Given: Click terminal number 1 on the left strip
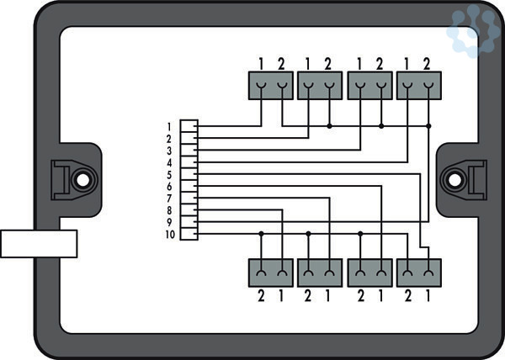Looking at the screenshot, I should [x=169, y=126].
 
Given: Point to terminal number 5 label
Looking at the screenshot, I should [x=169, y=174].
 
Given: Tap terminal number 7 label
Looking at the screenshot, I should [x=169, y=198].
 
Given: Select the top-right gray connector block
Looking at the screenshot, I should [x=419, y=86].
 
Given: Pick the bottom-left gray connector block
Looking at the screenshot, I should [x=270, y=273].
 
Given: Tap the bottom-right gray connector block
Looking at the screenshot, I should [x=419, y=273].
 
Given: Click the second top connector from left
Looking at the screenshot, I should [x=319, y=86].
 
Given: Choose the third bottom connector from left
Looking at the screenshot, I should [x=369, y=273].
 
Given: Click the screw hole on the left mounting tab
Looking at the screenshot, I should [x=82, y=179].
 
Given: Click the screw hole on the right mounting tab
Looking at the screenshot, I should [x=454, y=179].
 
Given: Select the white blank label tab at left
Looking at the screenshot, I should [x=39, y=243].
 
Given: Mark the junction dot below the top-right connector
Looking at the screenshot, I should [x=429, y=126].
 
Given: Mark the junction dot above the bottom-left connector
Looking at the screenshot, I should [x=261, y=233].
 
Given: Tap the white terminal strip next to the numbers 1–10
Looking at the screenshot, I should [x=189, y=179].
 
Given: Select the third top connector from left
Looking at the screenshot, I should [x=369, y=86].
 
